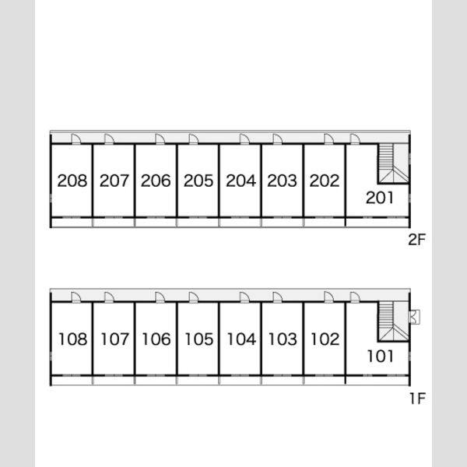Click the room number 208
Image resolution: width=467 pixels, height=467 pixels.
tap(72, 181)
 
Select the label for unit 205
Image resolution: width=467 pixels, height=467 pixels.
tap(198, 181)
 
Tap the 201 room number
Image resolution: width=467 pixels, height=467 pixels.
tap(380, 198)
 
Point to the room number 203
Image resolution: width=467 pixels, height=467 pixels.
tap(282, 181)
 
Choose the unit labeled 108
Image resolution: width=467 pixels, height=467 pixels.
tap(73, 339)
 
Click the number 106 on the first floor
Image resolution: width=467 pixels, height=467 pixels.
tap(156, 339)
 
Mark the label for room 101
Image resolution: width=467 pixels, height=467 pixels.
tap(381, 356)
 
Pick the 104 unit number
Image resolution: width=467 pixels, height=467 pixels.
tap(241, 339)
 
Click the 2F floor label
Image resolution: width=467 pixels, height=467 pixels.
tap(417, 240)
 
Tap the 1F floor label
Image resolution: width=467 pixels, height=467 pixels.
tap(418, 399)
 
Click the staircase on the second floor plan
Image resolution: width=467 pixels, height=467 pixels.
tap(393, 163)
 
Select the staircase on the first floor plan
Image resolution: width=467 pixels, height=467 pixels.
tap(393, 321)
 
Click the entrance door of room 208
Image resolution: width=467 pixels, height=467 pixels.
tap(76, 139)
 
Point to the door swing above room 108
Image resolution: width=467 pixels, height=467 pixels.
tap(76, 297)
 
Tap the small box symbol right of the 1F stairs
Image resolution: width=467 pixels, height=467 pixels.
tap(415, 317)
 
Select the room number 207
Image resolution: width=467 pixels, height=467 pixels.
tap(114, 181)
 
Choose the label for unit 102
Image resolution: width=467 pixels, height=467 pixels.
tap(325, 339)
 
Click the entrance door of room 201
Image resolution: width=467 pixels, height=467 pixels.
tap(355, 139)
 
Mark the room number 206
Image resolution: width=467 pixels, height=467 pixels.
tap(156, 181)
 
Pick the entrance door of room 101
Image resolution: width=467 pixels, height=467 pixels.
tap(355, 297)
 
